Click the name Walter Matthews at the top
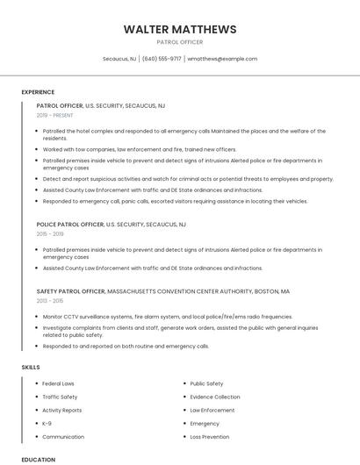pos(180,30)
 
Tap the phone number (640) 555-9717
pos(162,59)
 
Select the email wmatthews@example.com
pos(222,59)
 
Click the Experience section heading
pos(38,92)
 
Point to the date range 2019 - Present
pos(55,115)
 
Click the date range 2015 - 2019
pos(50,234)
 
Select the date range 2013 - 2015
pos(50,300)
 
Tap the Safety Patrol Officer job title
pos(70,290)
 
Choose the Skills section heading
pos(30,366)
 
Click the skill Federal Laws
pos(59,383)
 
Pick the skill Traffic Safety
pos(60,397)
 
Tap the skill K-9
pos(47,423)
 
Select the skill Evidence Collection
pos(215,397)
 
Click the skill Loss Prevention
pos(210,436)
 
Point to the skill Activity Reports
pos(62,410)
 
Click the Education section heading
pos(38,460)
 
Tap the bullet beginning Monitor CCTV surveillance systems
pos(167,316)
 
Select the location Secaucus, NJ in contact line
pos(119,59)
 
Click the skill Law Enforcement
pos(212,410)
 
